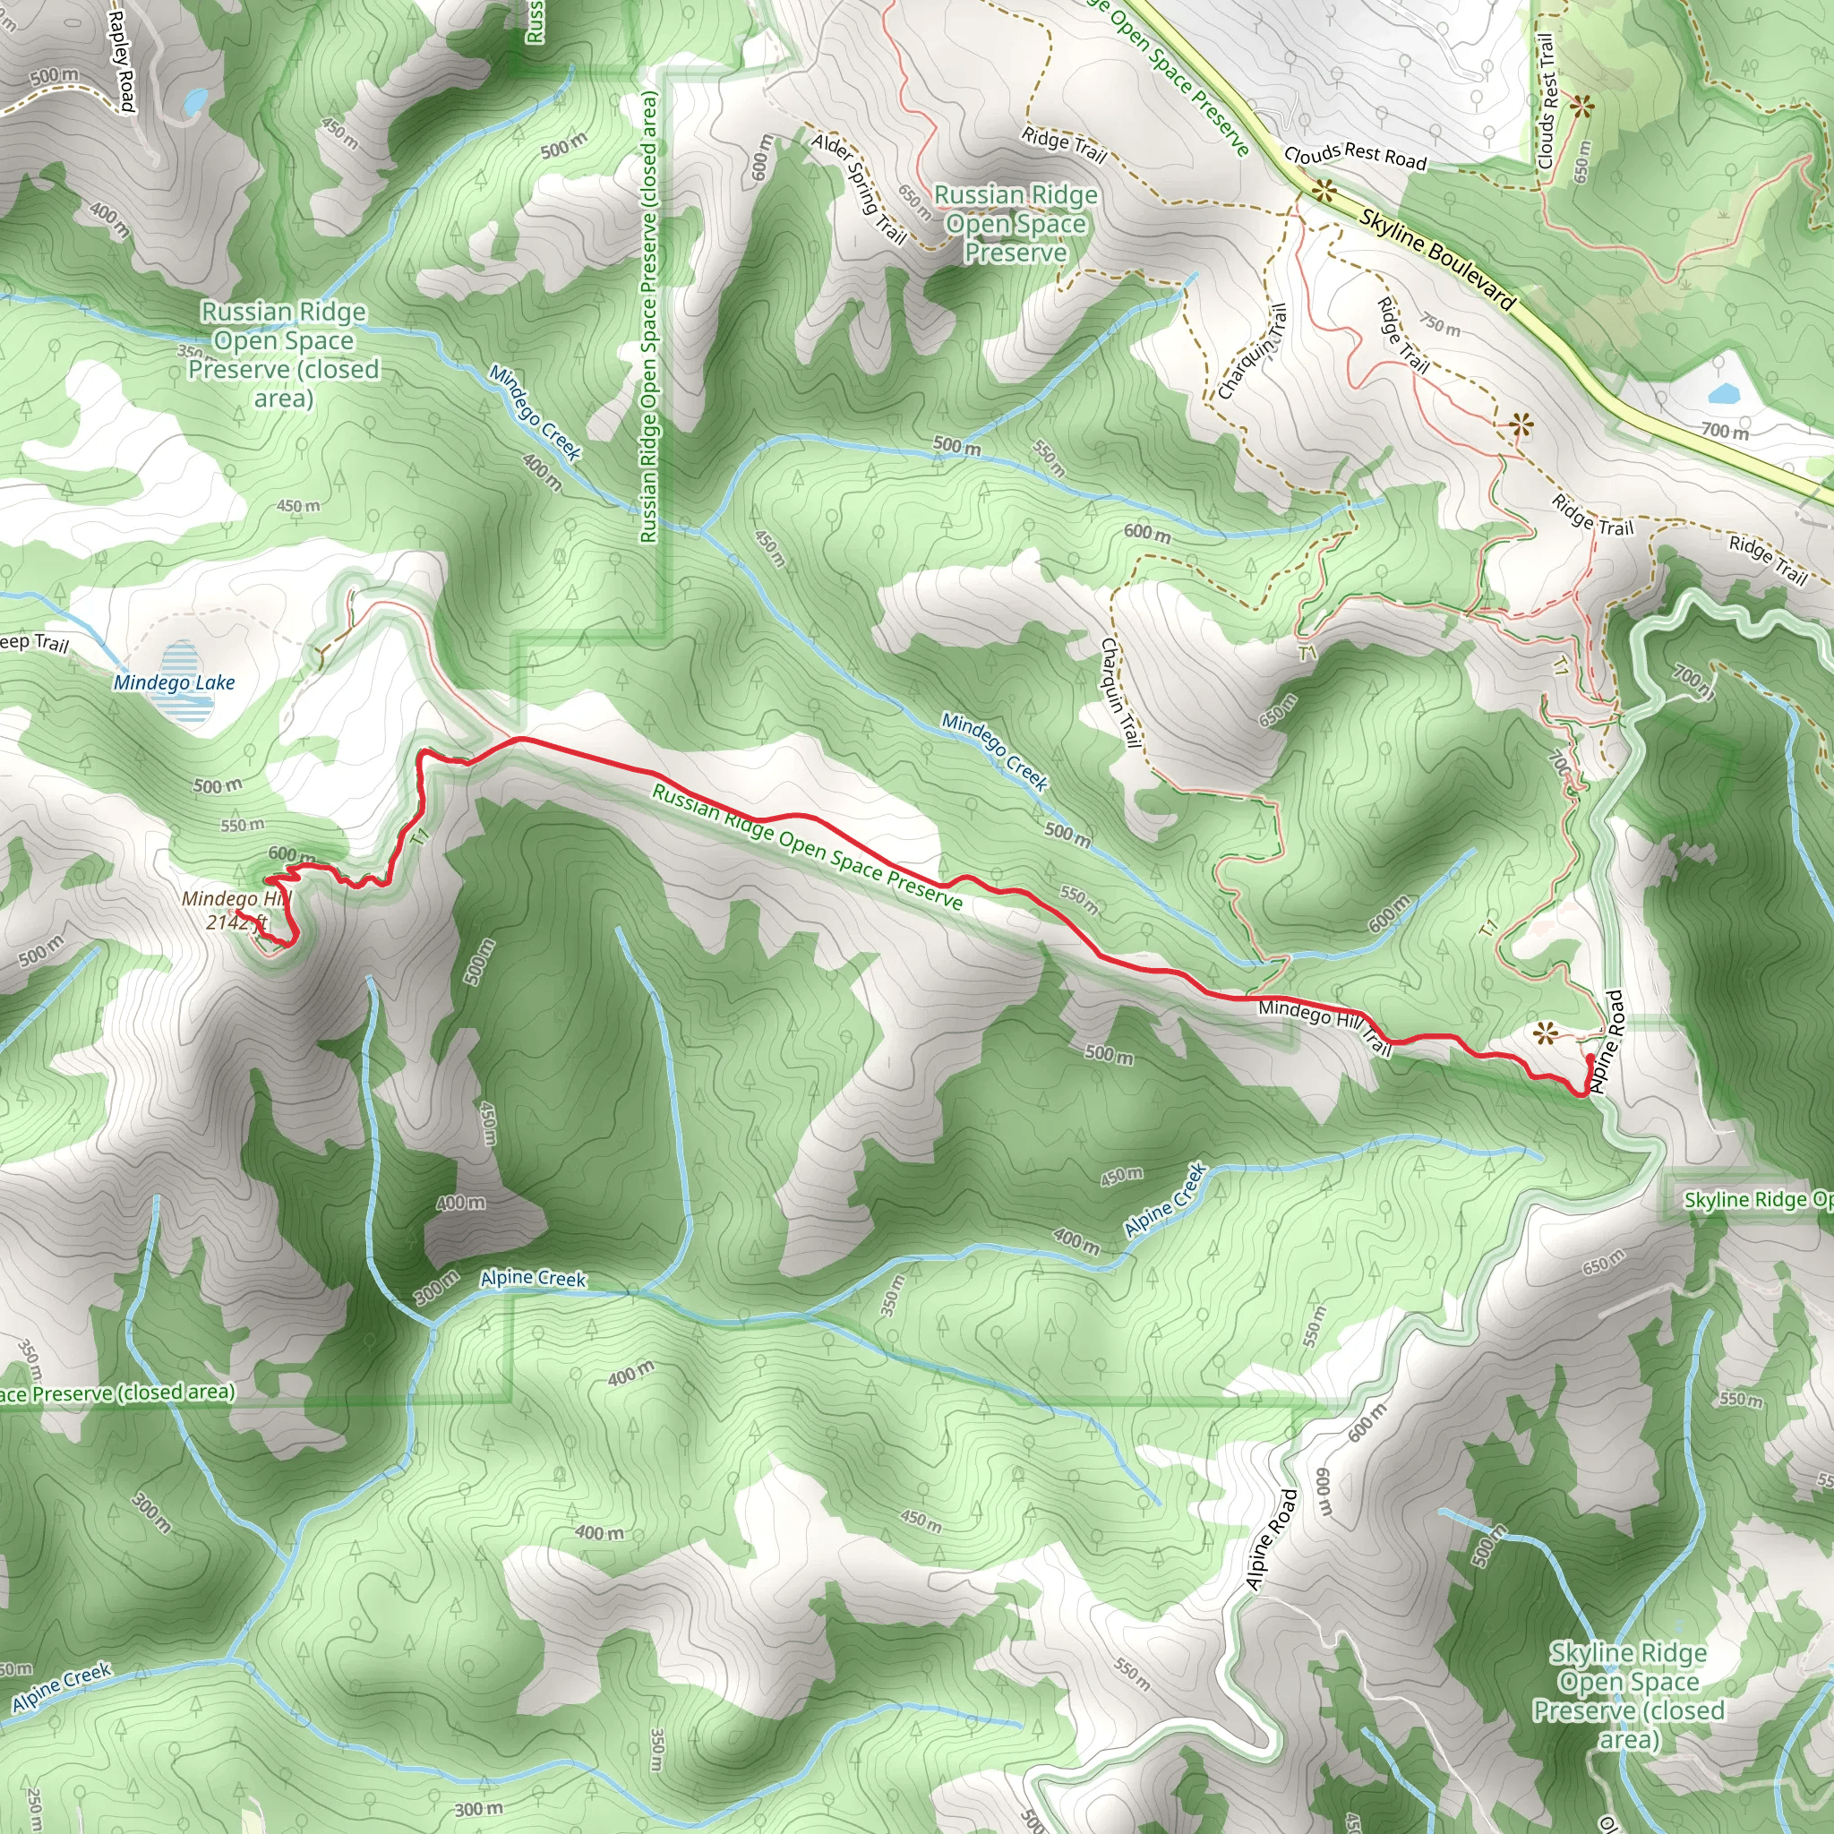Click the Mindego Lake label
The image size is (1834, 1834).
coord(174,682)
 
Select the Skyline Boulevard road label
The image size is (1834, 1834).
coord(1437,258)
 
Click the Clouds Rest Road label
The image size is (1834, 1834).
coord(1355,156)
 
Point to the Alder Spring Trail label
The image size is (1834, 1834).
coord(859,186)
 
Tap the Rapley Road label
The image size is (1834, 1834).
coord(123,61)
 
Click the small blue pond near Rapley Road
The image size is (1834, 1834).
coord(195,99)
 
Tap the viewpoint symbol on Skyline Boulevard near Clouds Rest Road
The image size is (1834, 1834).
coord(1324,193)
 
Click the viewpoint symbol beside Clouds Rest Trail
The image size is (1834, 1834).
coord(1581,107)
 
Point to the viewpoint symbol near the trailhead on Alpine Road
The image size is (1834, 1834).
coord(1547,1032)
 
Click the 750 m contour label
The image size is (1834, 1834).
coord(1440,326)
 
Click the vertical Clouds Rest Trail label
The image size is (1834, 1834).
coord(1547,100)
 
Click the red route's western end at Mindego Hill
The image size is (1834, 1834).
coord(238,913)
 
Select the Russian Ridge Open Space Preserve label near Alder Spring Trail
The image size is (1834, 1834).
coord(1016,224)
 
